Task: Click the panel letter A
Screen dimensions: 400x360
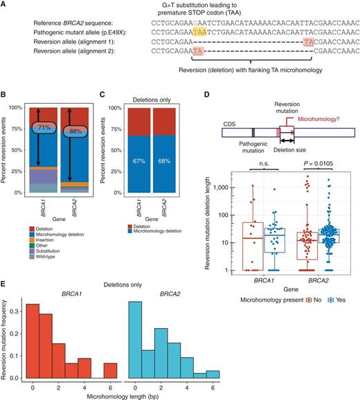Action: pyautogui.click(x=5, y=5)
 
